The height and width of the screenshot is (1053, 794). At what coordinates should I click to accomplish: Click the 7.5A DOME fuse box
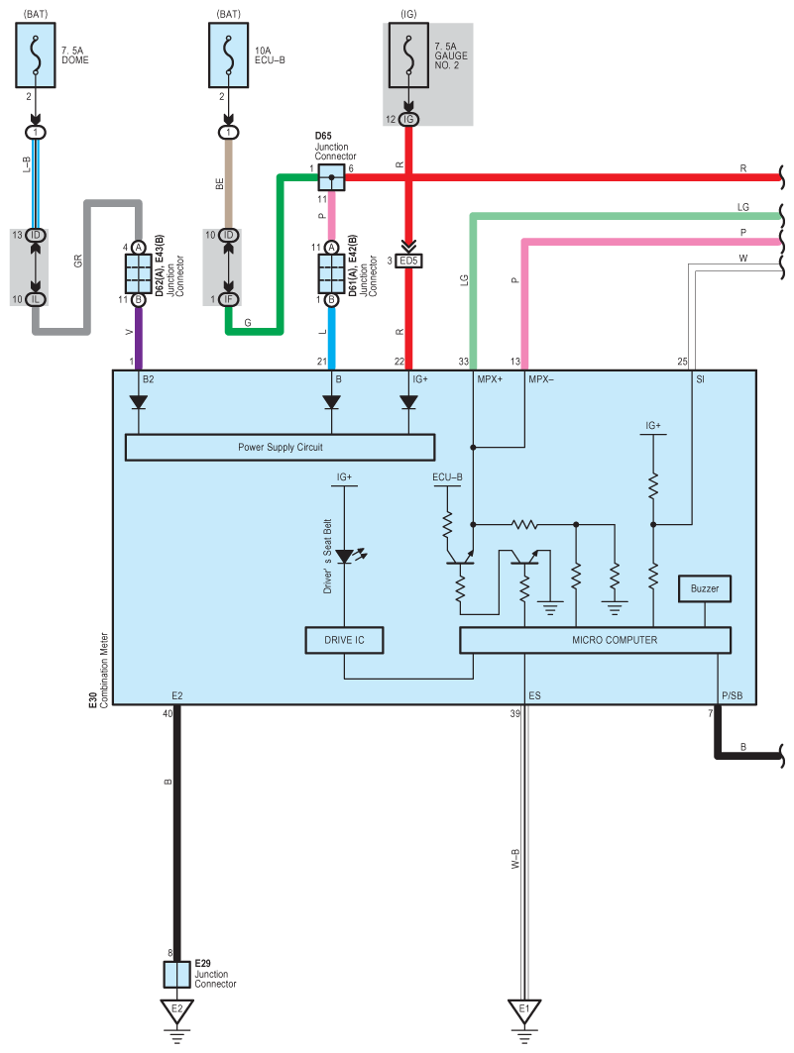tap(36, 55)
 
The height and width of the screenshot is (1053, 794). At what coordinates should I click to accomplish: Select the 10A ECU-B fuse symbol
tap(228, 55)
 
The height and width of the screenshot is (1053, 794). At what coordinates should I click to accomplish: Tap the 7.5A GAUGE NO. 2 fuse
tap(408, 55)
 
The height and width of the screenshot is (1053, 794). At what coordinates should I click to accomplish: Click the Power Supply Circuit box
tap(281, 448)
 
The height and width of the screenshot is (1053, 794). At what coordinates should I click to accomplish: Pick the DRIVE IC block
tap(345, 640)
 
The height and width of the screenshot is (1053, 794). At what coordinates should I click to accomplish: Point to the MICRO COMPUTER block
tap(595, 640)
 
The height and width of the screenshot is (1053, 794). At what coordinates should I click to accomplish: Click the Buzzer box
tap(705, 589)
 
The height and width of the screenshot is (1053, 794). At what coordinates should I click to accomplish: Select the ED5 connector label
tap(408, 261)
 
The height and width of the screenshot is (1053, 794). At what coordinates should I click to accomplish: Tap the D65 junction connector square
tap(331, 177)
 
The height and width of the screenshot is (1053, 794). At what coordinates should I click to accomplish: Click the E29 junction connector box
tap(176, 975)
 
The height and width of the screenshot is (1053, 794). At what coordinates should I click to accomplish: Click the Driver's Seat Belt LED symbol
tap(345, 557)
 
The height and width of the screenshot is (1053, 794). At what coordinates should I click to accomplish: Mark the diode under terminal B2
tap(139, 402)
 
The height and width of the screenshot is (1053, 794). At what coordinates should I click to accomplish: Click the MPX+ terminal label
tap(490, 379)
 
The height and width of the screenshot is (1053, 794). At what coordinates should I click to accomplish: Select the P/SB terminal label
tap(733, 695)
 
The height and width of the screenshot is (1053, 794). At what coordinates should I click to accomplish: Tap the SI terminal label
tap(700, 379)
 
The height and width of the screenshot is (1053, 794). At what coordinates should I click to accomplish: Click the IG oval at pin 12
tap(408, 120)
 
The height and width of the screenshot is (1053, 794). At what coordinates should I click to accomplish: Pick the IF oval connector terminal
tap(228, 299)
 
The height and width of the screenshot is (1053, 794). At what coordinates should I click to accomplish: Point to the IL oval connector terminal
tap(36, 299)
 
